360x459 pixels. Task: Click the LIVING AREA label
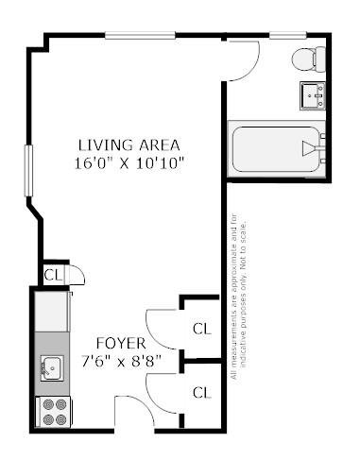(x=129, y=145)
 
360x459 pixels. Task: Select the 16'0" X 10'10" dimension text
(x=129, y=163)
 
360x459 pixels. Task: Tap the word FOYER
(x=121, y=343)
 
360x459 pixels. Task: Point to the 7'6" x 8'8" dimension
(x=122, y=361)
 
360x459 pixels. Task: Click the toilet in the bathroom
(x=309, y=59)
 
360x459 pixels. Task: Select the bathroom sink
(x=313, y=95)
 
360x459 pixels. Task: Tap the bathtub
(x=277, y=149)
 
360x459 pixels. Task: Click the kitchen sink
(x=52, y=368)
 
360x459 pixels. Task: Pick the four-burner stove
(x=54, y=412)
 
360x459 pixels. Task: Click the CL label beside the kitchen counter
(x=53, y=275)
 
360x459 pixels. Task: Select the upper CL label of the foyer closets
(x=202, y=329)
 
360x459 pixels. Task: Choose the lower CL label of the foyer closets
(x=202, y=393)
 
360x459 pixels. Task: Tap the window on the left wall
(x=28, y=171)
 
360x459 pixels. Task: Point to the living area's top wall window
(x=140, y=35)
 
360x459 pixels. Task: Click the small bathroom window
(x=288, y=35)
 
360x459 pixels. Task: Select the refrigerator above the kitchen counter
(x=51, y=312)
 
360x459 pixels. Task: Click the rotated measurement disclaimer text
(x=238, y=297)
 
